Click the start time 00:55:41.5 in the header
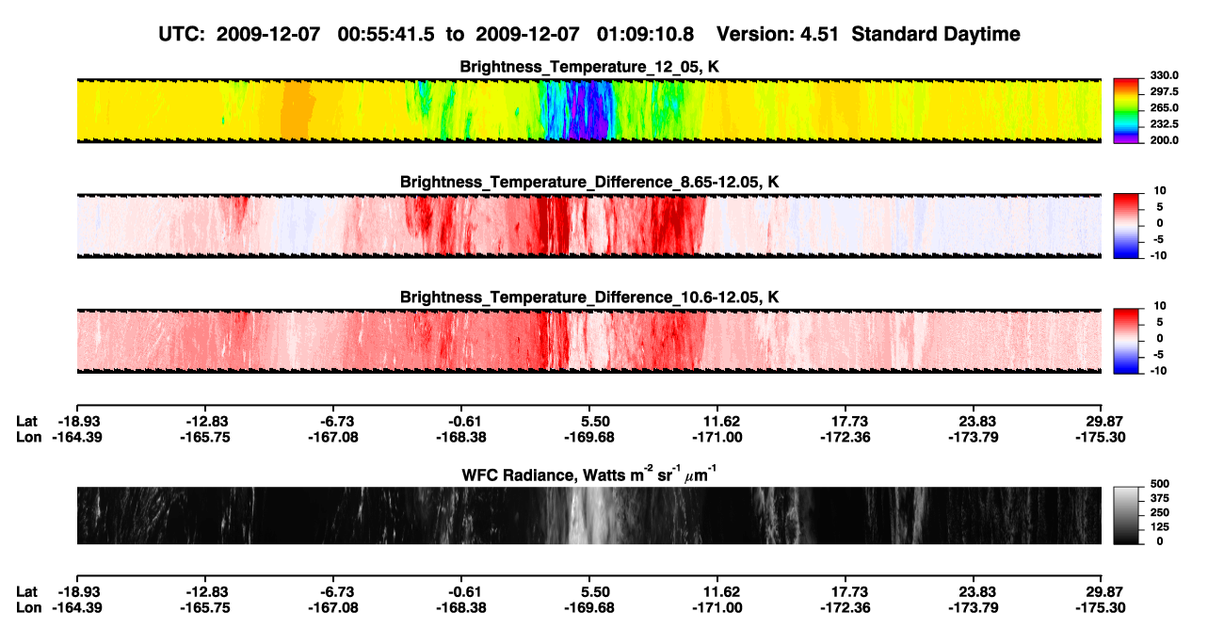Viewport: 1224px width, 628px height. coord(386,34)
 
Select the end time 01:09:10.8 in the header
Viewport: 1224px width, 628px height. coord(645,34)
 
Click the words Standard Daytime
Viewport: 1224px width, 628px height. coord(936,35)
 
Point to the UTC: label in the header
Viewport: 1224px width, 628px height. coord(182,34)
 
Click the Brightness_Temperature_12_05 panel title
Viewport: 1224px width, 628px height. coord(589,67)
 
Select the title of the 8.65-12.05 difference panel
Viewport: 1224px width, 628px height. coord(589,182)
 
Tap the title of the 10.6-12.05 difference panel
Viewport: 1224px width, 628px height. coord(589,298)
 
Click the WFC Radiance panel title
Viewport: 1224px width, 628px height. coord(589,474)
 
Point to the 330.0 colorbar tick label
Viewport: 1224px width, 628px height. coord(1164,75)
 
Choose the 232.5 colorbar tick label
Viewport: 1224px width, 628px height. coord(1164,124)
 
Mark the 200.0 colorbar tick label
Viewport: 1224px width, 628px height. coord(1164,140)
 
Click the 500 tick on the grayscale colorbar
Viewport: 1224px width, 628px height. coord(1159,484)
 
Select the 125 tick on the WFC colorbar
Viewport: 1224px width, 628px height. coord(1159,527)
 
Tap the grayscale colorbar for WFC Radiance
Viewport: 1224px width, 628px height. coord(1126,515)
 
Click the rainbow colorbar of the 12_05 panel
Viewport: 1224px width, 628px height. coord(1126,111)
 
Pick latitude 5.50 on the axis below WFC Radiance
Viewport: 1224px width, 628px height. coord(595,592)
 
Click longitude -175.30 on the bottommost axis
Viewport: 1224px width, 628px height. coord(1100,608)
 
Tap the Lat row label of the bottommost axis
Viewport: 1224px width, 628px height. coord(26,592)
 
